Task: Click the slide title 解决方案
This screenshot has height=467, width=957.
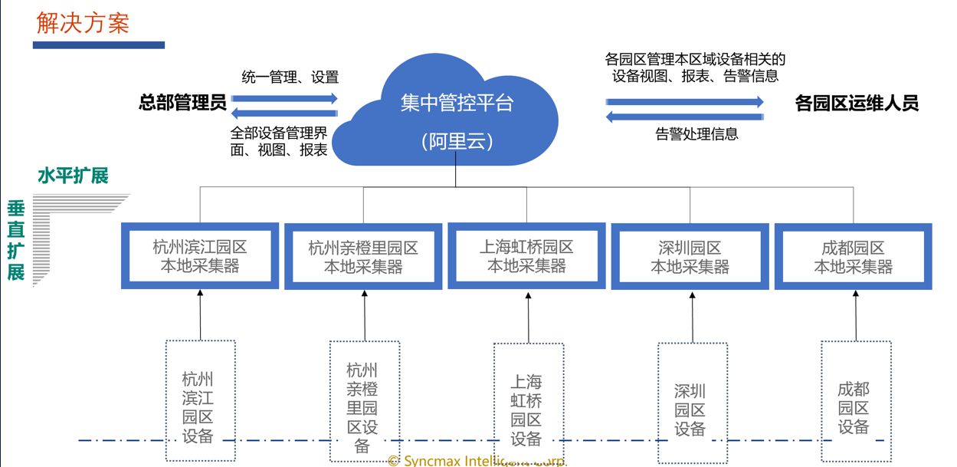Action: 83,23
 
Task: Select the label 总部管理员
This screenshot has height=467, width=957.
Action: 182,103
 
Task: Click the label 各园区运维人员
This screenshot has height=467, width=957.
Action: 857,104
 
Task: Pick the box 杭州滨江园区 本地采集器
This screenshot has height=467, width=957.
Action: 200,257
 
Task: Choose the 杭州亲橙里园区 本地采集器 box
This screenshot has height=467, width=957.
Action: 363,258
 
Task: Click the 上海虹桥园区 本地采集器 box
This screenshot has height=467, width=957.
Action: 526,257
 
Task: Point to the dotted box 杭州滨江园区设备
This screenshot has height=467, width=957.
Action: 200,401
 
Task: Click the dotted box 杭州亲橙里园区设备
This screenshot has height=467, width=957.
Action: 364,402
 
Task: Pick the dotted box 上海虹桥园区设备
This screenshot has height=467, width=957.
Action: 527,403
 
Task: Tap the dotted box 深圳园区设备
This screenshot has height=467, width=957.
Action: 691,403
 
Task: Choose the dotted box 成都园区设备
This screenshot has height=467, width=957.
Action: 854,402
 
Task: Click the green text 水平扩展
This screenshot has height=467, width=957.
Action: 73,176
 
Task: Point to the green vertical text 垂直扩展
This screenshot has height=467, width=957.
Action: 16,240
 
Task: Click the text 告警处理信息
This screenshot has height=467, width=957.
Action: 696,134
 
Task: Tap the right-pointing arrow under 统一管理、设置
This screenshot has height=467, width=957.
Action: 284,98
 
